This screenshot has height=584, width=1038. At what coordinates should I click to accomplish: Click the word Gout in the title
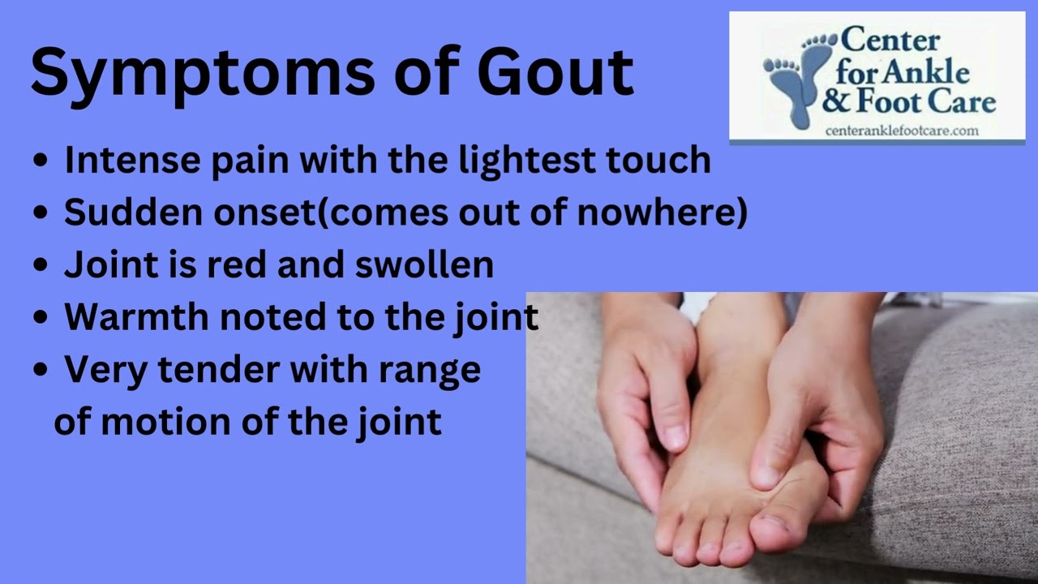tap(555, 71)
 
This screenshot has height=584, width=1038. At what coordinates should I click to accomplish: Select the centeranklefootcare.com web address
tap(902, 131)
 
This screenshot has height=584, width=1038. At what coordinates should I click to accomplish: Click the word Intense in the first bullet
tap(132, 160)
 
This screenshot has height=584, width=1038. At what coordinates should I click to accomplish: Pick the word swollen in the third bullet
tap(424, 264)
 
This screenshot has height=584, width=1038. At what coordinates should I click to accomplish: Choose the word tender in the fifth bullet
tap(219, 369)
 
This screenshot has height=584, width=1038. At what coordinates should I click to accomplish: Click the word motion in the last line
tap(165, 422)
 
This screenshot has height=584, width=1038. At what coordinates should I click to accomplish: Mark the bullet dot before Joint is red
tap(41, 265)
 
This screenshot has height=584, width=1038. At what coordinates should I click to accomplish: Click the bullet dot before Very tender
tap(41, 370)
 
